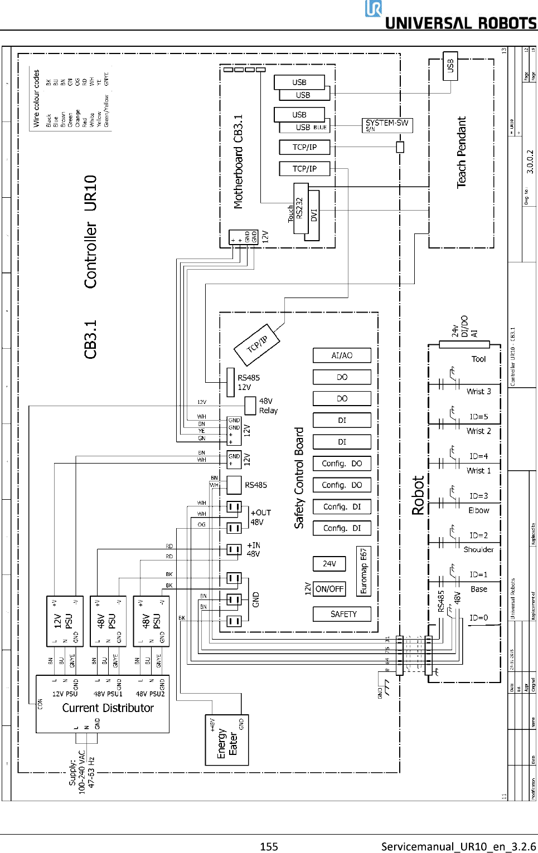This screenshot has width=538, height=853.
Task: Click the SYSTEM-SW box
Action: tap(387, 125)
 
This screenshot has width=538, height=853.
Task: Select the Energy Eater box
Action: tap(227, 740)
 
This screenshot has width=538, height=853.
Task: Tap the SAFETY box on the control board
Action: tap(343, 614)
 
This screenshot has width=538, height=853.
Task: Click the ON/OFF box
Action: tap(329, 589)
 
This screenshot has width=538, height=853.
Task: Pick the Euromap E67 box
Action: tap(363, 571)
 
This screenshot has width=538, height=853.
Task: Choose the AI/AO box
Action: tap(342, 355)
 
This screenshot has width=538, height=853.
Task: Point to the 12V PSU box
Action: tap(65, 621)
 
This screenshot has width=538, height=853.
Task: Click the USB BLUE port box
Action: tap(304, 128)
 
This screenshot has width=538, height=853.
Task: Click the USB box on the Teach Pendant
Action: tap(450, 66)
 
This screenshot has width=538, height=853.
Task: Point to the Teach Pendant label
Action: tap(462, 152)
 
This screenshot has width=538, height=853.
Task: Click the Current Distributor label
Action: tap(108, 708)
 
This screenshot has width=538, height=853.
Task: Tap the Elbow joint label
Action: tap(478, 510)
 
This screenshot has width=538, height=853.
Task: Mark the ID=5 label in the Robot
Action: tap(478, 417)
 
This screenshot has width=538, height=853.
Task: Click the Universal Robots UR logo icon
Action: tap(374, 9)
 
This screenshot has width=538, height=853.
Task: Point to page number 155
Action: tap(269, 846)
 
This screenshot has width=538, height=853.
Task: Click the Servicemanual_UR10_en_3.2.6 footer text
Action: tap(458, 846)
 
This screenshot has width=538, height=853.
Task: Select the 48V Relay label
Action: tap(268, 406)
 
